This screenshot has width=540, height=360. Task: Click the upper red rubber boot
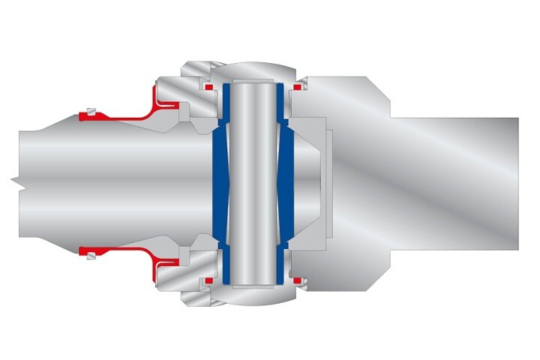click(x=127, y=116)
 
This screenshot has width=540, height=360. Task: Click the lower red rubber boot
click(x=127, y=249)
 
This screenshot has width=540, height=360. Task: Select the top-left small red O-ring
click(x=208, y=88)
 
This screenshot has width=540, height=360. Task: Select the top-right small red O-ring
click(x=298, y=88)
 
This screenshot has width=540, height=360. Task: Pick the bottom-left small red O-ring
click(x=208, y=280)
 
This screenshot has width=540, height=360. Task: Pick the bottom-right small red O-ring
click(x=298, y=280)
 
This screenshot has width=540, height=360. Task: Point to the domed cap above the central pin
click(x=252, y=69)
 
